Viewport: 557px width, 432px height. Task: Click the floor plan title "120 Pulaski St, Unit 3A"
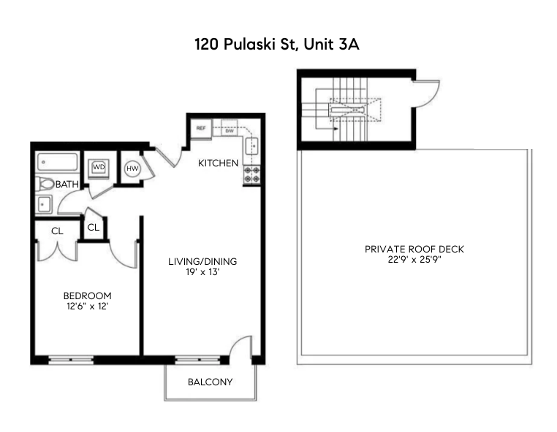278,44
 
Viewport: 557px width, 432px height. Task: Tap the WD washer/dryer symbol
99,168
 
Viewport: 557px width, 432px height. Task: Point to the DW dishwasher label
228,130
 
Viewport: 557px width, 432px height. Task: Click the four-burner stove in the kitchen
251,174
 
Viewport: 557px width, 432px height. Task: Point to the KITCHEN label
218,163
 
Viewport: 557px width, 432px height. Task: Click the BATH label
67,185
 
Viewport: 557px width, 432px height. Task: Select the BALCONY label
210,382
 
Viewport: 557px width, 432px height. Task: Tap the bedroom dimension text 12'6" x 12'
87,306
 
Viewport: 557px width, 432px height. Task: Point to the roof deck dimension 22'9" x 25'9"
414,260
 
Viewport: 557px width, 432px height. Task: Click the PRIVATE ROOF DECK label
414,249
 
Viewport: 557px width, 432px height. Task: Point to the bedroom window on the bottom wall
70,359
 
